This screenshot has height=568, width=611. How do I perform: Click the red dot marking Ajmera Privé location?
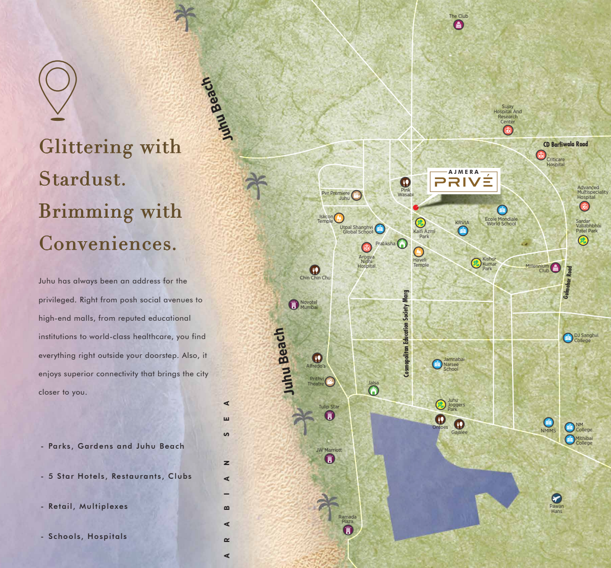tap(416, 208)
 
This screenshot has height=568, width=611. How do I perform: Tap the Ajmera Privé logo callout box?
tap(463, 180)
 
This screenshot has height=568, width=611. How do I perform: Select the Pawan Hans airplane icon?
tap(556, 498)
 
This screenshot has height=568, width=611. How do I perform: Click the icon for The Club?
tap(459, 25)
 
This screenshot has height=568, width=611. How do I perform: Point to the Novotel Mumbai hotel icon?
tap(293, 305)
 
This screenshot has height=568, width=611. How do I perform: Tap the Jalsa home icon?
tap(374, 391)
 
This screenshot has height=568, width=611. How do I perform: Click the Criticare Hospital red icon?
tap(541, 155)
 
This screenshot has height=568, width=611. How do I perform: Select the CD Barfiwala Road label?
tap(565, 144)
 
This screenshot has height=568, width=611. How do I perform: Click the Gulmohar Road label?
tap(568, 281)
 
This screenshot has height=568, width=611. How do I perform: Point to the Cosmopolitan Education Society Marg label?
tap(406, 333)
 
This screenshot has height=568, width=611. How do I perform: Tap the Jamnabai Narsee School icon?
tap(437, 364)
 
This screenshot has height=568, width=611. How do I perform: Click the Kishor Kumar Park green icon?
tap(476, 263)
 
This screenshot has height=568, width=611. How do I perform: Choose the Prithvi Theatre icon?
tap(330, 381)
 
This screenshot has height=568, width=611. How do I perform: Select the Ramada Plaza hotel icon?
tap(348, 530)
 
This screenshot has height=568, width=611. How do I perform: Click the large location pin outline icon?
tap(58, 89)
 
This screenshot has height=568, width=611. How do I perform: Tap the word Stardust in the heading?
tap(82, 179)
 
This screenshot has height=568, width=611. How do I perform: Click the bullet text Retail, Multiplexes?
tap(88, 506)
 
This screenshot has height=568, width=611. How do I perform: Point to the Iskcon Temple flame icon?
tap(339, 218)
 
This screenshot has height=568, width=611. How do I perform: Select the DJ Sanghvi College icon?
tap(568, 338)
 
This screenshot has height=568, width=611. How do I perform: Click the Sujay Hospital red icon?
tap(507, 130)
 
